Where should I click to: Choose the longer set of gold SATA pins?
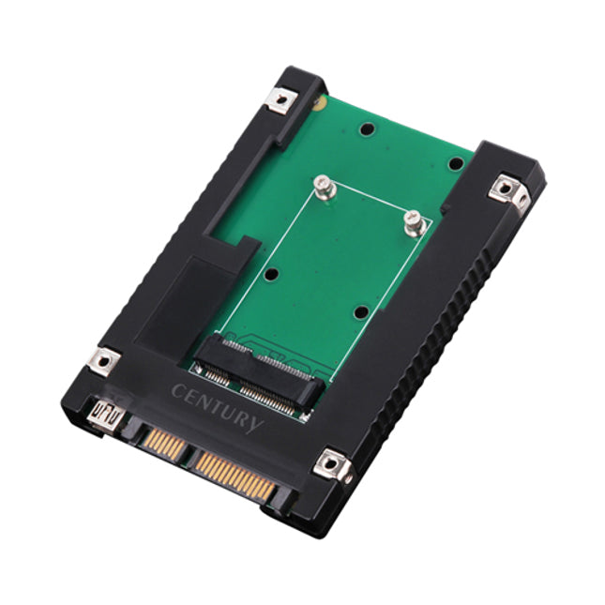point(235,475)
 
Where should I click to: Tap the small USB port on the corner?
point(105,415)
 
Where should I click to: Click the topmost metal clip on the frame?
point(282,100)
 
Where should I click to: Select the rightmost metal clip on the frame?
point(509,192)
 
